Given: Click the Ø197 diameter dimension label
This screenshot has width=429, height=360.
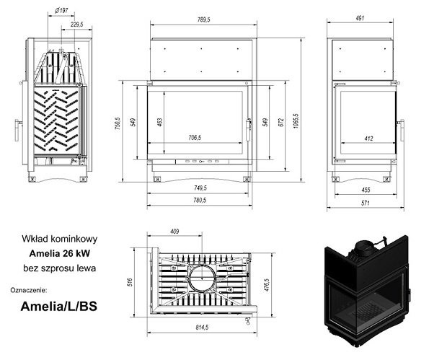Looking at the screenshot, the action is point(61,11).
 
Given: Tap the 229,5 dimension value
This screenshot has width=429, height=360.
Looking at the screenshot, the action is point(76,25).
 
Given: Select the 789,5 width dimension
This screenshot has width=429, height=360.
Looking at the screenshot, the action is point(203,19).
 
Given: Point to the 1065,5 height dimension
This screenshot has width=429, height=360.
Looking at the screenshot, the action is point(296,120).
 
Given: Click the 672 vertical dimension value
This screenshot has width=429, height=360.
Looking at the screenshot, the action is point(281,122).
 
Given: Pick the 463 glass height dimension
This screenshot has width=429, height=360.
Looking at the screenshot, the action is point(160,122).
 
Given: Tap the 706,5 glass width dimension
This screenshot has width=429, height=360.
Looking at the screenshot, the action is point(195,137).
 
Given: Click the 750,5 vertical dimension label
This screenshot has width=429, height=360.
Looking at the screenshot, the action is point(118,123).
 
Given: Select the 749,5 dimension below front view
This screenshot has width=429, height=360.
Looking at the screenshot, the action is point(200,188).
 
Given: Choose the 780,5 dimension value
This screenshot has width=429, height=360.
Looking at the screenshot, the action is point(200,200).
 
